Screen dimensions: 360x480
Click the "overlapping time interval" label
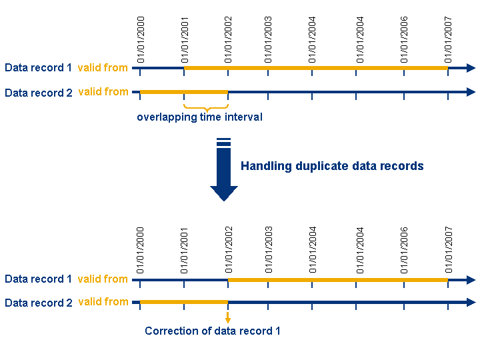click(x=200, y=117)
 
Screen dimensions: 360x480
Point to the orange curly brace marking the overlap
click(x=206, y=107)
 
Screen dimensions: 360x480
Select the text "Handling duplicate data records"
click(x=332, y=166)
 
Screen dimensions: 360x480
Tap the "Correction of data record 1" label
click(x=213, y=331)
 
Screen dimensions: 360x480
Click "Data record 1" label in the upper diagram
click(x=38, y=67)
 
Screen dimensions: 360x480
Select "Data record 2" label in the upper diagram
click(x=38, y=93)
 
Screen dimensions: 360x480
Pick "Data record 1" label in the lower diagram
click(x=38, y=279)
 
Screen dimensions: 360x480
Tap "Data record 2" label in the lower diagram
click(x=38, y=303)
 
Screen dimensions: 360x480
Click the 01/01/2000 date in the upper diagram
click(x=141, y=39)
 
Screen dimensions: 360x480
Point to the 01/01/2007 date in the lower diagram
click(x=449, y=251)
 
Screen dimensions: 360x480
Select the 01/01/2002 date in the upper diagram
click(x=229, y=39)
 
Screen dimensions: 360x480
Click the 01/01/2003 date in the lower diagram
click(x=269, y=251)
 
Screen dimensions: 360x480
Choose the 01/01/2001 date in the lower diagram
click(x=185, y=251)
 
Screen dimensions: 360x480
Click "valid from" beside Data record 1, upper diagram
click(x=103, y=67)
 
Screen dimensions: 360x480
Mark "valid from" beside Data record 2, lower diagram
click(x=103, y=302)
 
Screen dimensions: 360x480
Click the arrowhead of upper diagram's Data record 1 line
click(x=471, y=68)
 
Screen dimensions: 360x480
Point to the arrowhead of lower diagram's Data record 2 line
click(x=471, y=303)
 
